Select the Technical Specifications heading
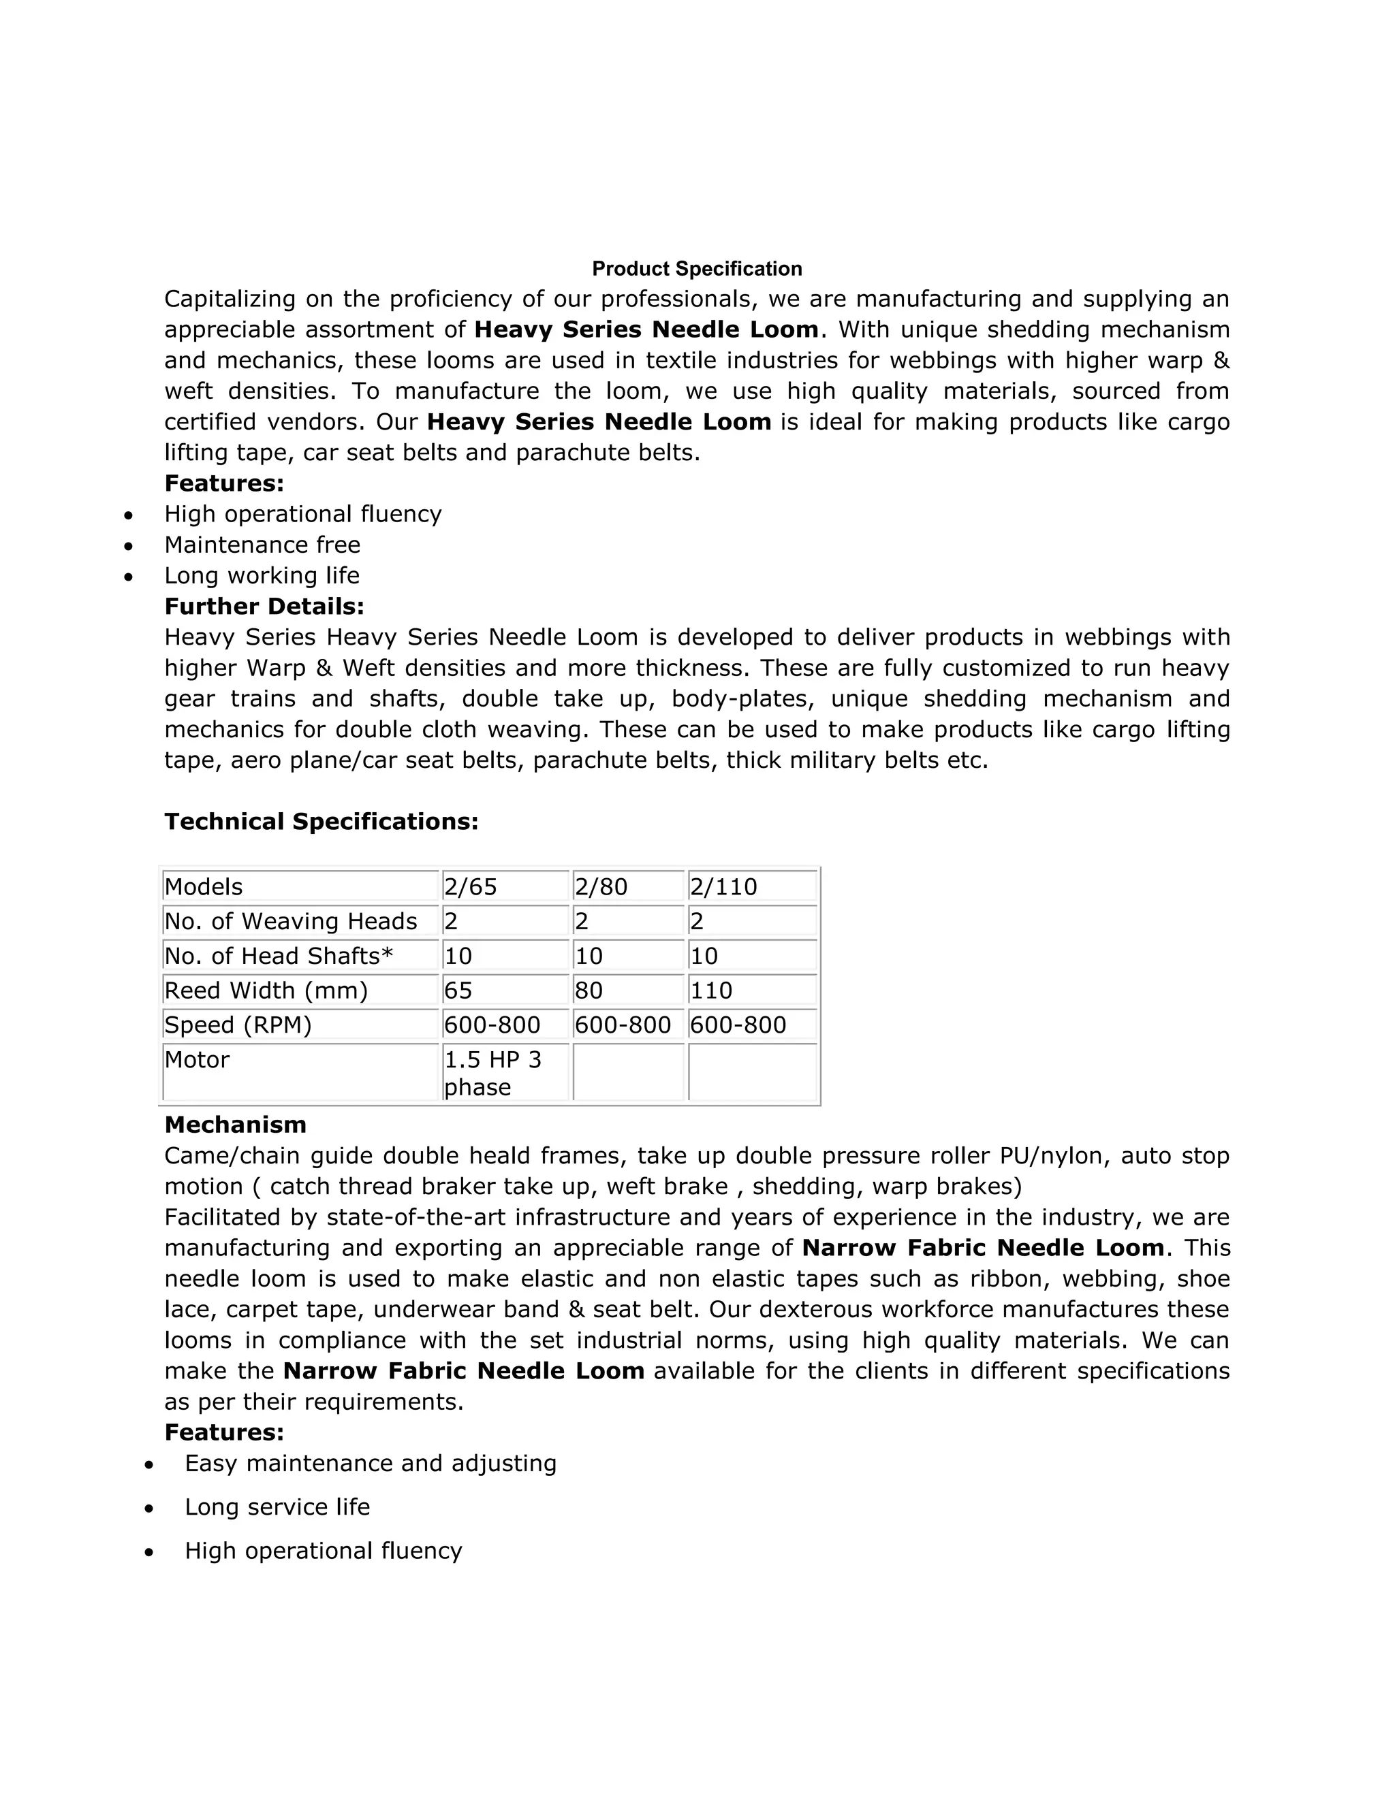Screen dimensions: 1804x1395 [322, 821]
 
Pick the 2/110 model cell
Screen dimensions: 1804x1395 [723, 886]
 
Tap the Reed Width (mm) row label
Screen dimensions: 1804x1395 [266, 990]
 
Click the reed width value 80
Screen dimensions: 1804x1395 [589, 990]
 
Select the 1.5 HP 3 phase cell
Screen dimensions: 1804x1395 [492, 1072]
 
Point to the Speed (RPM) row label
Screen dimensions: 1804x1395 [238, 1025]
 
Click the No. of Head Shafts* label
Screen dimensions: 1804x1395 [279, 956]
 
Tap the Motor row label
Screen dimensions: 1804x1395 [197, 1059]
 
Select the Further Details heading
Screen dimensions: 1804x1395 [264, 607]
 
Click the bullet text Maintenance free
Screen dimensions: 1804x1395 [262, 545]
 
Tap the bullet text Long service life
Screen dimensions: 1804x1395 [277, 1507]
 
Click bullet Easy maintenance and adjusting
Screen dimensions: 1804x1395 [371, 1463]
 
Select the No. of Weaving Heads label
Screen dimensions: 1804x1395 [291, 921]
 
